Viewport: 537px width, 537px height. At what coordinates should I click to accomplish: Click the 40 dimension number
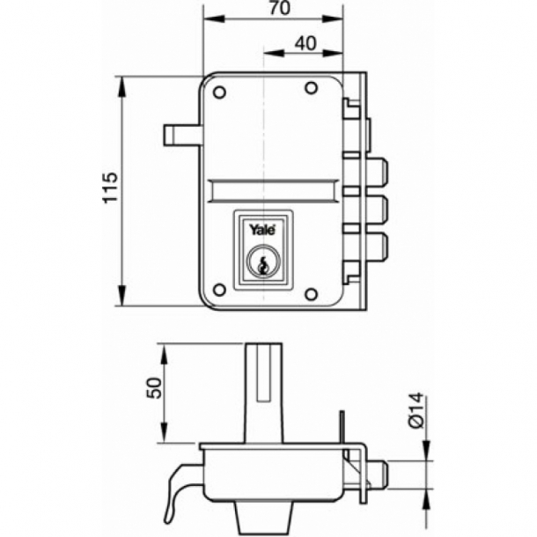point(303,43)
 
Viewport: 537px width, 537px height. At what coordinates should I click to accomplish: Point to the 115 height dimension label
point(109,189)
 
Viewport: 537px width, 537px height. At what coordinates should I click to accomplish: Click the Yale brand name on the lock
point(261,230)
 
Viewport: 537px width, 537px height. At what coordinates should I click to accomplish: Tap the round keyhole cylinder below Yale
point(260,262)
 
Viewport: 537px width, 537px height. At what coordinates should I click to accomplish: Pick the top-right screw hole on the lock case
point(311,88)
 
